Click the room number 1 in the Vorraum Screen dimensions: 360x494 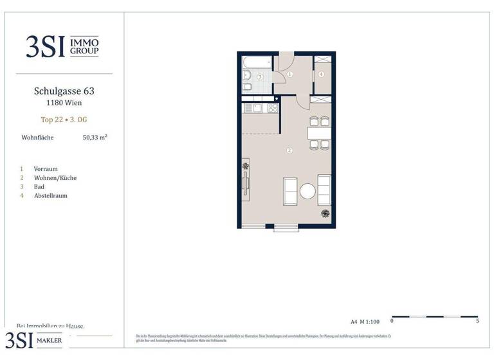(290, 75)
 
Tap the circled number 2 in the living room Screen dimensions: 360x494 (290, 150)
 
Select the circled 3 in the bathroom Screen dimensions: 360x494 (261, 76)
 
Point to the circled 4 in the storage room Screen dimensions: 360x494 (321, 74)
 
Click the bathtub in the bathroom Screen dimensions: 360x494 (258, 63)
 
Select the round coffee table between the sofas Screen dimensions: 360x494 (307, 191)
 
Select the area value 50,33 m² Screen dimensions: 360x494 (95, 137)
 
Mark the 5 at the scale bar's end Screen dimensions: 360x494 (478, 321)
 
